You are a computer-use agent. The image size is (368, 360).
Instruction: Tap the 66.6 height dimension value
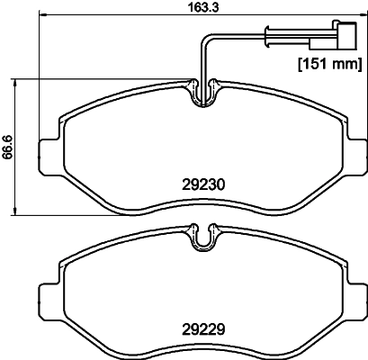coord(8,146)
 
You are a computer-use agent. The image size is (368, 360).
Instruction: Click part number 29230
coord(202,184)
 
